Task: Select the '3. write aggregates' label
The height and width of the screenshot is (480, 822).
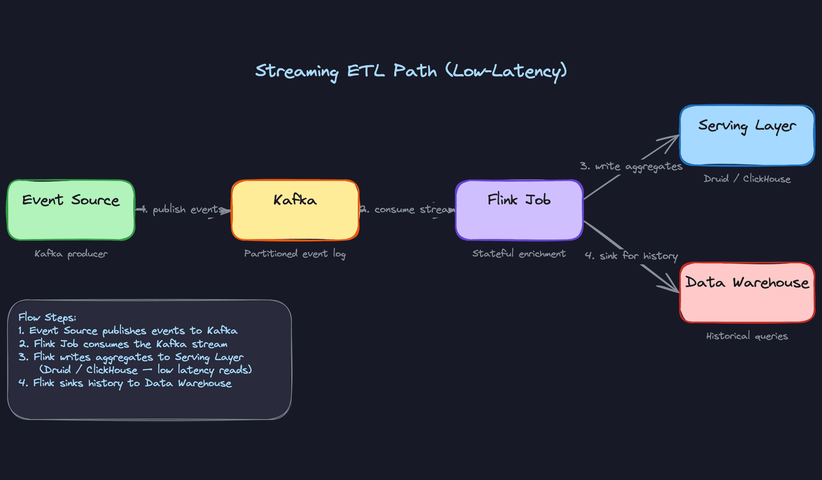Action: click(x=631, y=166)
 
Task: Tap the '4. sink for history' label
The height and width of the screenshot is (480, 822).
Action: click(x=631, y=256)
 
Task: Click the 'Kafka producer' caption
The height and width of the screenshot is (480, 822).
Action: click(x=71, y=254)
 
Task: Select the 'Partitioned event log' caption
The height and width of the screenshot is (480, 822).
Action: click(x=295, y=254)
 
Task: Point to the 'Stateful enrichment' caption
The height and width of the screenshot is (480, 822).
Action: click(x=519, y=254)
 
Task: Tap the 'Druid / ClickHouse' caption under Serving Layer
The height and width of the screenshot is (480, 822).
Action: click(x=747, y=179)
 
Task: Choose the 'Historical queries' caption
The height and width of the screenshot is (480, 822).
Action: click(x=747, y=336)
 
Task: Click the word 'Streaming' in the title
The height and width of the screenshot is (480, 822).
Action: click(x=297, y=71)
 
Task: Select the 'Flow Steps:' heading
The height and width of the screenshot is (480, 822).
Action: click(x=47, y=318)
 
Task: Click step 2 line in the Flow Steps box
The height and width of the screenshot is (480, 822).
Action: click(x=123, y=344)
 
